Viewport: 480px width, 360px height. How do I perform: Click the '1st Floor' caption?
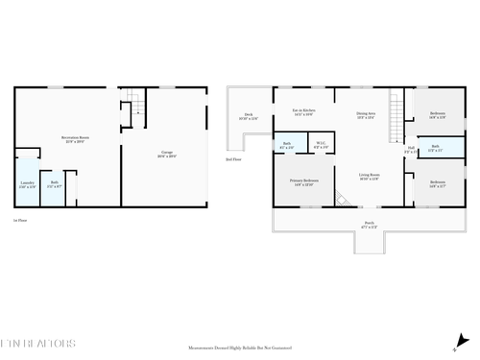coord(18,220)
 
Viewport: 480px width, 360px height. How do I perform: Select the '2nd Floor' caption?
coord(231,159)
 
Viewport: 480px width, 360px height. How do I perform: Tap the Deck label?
coord(248,117)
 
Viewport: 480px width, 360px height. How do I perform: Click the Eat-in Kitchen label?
coord(303,113)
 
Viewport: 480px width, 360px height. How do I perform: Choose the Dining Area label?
coord(365,113)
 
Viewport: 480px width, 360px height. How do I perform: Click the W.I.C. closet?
coord(322,145)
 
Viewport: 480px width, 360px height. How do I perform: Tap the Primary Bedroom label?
coord(304,182)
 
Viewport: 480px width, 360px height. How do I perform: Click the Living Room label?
coord(369,177)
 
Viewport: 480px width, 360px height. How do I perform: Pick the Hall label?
coord(410,149)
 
